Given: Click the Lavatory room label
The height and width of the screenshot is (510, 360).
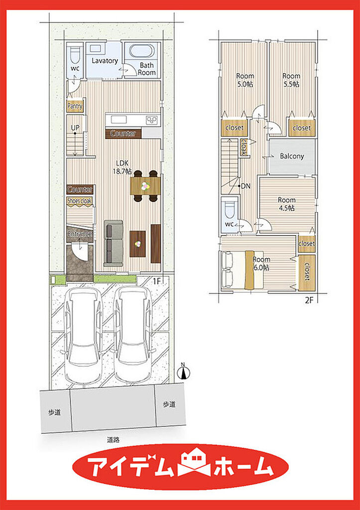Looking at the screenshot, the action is point(104,60).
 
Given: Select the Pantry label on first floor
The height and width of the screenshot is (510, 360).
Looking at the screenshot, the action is point(75,106).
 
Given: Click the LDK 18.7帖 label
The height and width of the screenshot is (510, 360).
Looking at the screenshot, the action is point(122,168).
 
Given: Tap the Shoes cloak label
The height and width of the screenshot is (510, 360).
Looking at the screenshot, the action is point(80,200).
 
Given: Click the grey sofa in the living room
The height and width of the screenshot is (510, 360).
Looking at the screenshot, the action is point(113,243).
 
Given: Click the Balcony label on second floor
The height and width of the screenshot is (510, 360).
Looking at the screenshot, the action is point(292,156).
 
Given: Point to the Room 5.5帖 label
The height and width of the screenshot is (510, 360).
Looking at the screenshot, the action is point(291,80).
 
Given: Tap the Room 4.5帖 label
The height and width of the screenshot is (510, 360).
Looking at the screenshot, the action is point(286,204).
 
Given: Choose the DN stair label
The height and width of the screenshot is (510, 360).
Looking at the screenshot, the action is point(245,186).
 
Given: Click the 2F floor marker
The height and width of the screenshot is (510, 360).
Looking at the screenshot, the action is point(309,300).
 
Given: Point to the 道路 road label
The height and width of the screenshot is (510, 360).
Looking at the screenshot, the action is point(114,440).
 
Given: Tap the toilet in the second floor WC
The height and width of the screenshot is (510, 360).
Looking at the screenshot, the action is point(229,208).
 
